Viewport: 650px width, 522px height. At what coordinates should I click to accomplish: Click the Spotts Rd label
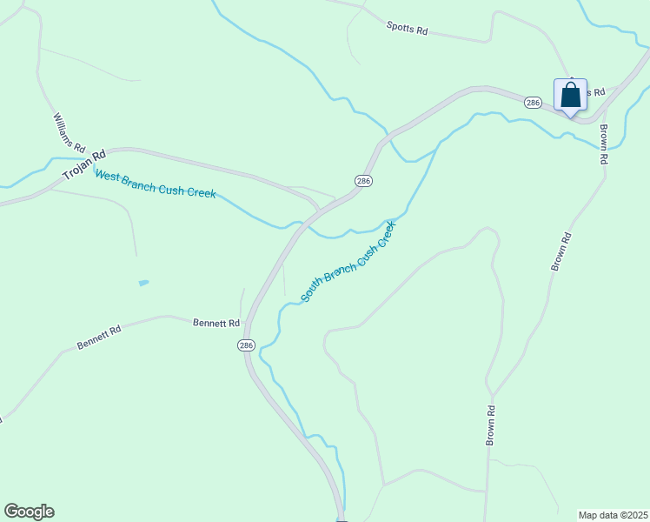(x=408, y=29)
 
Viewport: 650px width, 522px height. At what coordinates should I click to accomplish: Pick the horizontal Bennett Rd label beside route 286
(x=216, y=323)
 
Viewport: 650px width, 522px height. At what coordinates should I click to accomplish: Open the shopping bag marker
(x=570, y=95)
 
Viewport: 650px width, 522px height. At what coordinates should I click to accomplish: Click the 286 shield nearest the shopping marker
(x=534, y=103)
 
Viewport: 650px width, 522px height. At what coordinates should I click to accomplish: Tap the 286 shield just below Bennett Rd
(x=246, y=345)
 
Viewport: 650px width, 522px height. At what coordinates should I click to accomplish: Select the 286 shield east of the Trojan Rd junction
(x=364, y=180)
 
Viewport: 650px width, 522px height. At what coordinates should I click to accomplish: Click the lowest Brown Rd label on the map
(x=491, y=426)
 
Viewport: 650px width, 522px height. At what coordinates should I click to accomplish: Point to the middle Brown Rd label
(x=561, y=251)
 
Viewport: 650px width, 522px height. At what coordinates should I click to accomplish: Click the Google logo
(x=29, y=512)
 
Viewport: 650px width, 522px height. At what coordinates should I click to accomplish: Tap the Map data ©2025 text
(x=613, y=515)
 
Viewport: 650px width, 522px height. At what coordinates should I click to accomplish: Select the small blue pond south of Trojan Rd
(x=143, y=283)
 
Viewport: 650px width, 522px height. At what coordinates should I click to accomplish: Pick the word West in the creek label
(x=107, y=176)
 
